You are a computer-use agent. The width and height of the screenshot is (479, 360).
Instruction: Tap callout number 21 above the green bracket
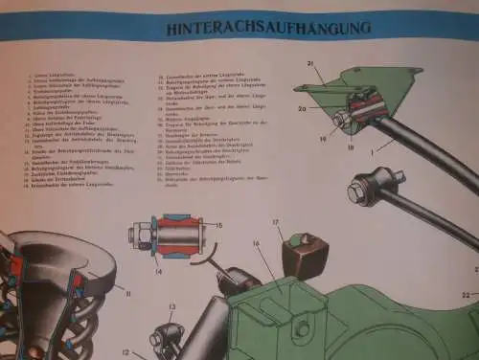[309, 63]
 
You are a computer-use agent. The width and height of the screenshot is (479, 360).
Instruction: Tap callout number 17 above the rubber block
[275, 224]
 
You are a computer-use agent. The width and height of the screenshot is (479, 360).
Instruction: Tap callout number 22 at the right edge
[467, 293]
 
